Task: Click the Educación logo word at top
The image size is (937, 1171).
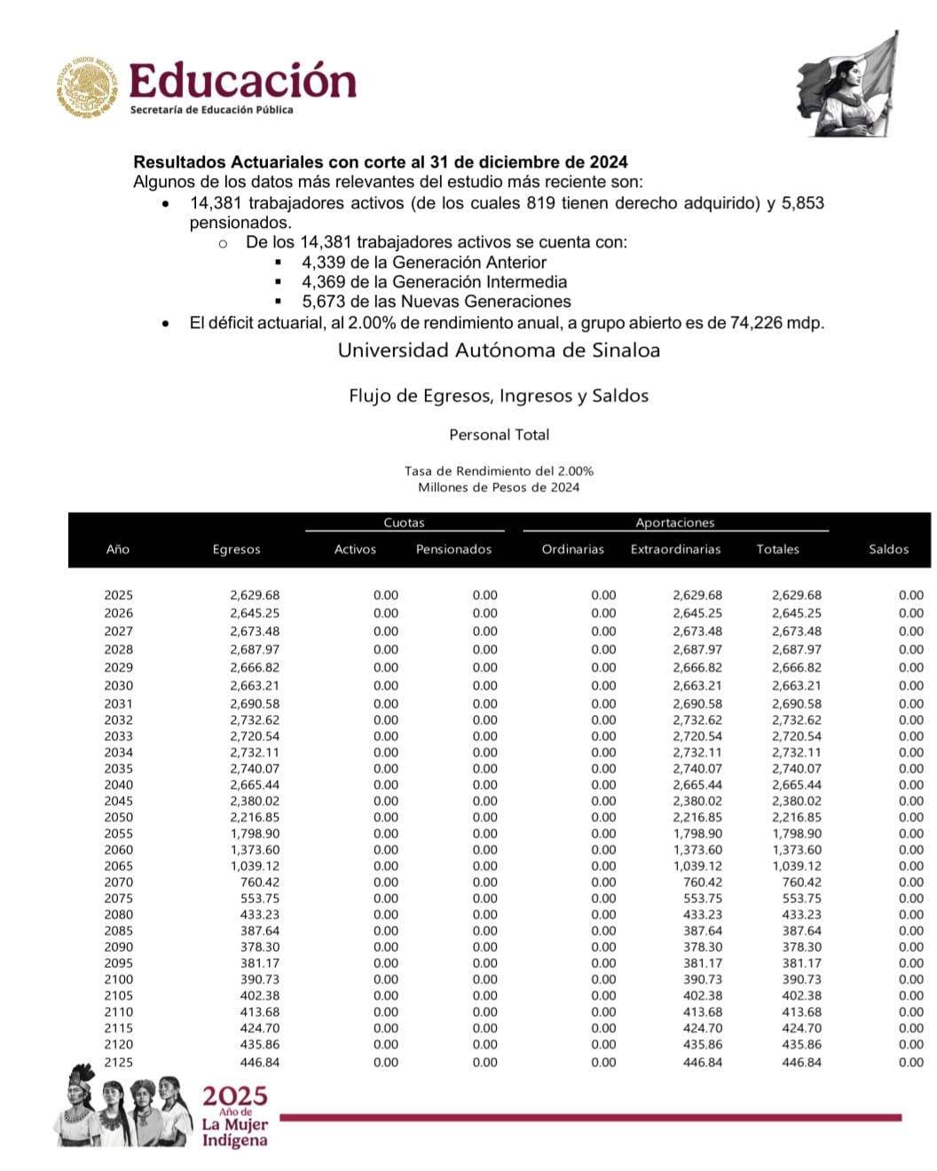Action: pos(242,81)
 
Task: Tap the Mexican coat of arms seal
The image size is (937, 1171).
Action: pos(86,87)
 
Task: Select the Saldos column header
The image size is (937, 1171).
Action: pos(888,549)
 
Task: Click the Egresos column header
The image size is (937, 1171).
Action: pos(236,549)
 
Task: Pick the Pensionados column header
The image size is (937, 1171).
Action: pos(453,549)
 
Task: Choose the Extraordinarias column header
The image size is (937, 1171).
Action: pos(675,549)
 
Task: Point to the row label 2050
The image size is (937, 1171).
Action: pos(118,817)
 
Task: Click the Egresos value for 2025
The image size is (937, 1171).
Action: pos(254,595)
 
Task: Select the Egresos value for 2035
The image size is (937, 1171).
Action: pos(254,768)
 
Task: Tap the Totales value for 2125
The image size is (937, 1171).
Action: pos(801,1062)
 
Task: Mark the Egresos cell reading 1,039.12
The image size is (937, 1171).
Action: pos(254,866)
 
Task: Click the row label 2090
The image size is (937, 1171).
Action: pos(118,947)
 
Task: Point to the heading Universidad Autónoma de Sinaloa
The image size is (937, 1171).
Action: pos(499,350)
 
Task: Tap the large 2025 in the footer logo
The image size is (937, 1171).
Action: pos(234,1096)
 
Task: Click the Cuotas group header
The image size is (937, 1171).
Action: pos(404,523)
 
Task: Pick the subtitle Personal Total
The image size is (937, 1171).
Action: pos(499,435)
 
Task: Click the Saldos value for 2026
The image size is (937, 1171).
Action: pos(910,613)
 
